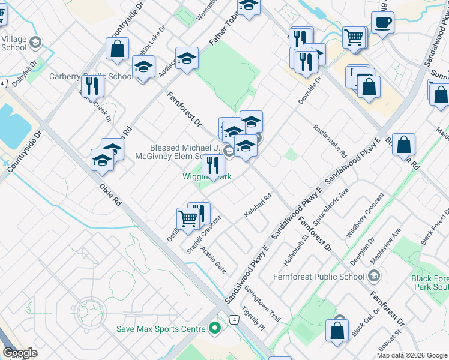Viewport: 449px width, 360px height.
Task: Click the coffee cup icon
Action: click(x=382, y=23)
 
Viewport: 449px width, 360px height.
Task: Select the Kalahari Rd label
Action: click(x=258, y=205)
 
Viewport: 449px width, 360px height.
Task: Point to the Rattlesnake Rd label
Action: click(x=330, y=141)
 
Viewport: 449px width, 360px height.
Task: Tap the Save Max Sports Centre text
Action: click(x=161, y=329)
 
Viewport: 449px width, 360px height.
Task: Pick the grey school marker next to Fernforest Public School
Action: click(x=375, y=277)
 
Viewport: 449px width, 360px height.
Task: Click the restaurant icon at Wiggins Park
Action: click(x=213, y=165)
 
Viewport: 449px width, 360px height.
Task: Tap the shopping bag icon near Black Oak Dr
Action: click(x=337, y=330)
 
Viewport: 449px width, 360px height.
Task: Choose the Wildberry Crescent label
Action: click(x=365, y=215)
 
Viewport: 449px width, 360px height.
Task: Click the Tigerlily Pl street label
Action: click(x=253, y=318)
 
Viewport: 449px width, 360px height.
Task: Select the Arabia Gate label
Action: click(x=213, y=259)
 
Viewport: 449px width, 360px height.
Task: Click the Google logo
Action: click(x=20, y=353)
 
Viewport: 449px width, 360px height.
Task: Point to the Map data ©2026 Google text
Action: click(x=412, y=355)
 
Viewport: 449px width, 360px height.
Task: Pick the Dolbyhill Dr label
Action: click(x=25, y=71)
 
